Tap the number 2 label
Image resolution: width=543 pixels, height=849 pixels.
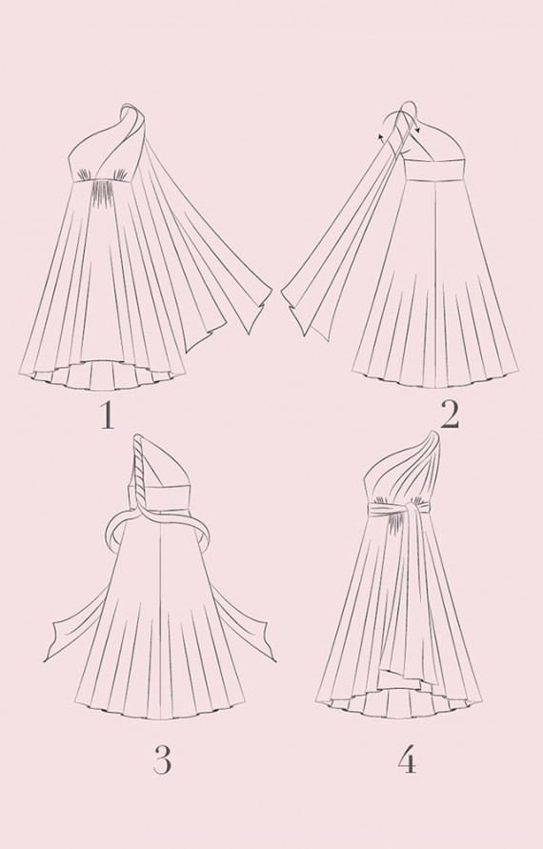tap(450, 416)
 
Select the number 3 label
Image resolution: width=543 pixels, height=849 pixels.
tap(162, 759)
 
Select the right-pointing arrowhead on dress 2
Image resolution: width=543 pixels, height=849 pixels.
tap(419, 130)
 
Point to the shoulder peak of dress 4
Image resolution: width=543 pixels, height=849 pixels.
tap(433, 437)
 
